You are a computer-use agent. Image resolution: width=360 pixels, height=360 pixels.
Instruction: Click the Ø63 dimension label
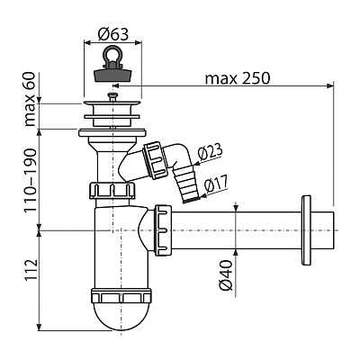pyautogui.click(x=113, y=35)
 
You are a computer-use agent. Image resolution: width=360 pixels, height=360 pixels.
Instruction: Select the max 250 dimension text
pyautogui.click(x=238, y=78)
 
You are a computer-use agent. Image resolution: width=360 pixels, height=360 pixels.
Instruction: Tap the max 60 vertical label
pyautogui.click(x=30, y=99)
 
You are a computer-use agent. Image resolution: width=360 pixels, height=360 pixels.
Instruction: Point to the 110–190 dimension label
pyautogui.click(x=30, y=180)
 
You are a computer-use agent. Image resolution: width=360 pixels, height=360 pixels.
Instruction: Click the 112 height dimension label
pyautogui.click(x=30, y=270)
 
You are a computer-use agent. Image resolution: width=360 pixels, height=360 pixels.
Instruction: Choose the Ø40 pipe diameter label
pyautogui.click(x=226, y=275)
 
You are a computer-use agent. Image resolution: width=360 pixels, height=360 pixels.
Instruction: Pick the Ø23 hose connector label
pyautogui.click(x=211, y=153)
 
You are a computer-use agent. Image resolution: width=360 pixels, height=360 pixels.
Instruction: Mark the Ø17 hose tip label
pyautogui.click(x=216, y=184)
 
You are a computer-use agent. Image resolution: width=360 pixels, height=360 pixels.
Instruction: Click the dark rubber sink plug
pyautogui.click(x=112, y=75)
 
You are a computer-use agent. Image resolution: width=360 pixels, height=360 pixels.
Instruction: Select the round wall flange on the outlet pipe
pyautogui.click(x=306, y=230)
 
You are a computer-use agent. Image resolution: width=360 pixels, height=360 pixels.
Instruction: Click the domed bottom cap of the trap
pyautogui.click(x=121, y=317)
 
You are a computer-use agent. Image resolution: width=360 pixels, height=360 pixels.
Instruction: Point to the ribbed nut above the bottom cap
pyautogui.click(x=121, y=295)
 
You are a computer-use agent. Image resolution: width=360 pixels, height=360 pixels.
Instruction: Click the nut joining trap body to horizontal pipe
pyautogui.click(x=163, y=230)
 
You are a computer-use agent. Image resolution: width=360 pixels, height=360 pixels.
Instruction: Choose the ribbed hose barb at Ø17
pyautogui.click(x=185, y=185)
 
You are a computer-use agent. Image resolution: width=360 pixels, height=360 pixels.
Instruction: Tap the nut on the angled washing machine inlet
pyautogui.click(x=157, y=160)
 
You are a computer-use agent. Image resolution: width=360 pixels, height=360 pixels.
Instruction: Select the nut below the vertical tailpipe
pyautogui.click(x=112, y=190)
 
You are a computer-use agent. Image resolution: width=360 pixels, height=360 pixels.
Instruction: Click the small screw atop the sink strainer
pyautogui.click(x=112, y=96)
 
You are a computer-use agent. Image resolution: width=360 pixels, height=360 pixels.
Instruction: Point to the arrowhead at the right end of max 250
pyautogui.click(x=330, y=86)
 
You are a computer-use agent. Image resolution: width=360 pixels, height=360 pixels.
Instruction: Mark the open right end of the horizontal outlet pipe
pyautogui.click(x=334, y=230)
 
